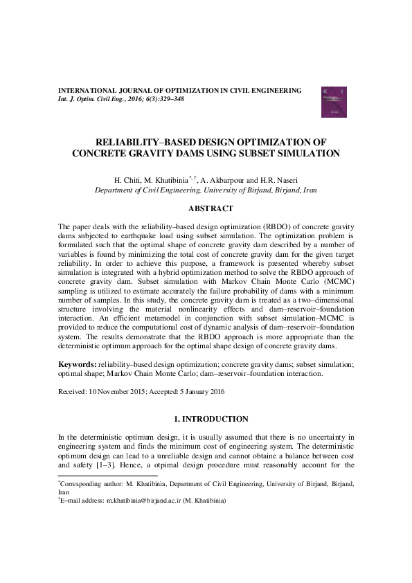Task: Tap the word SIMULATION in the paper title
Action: [x=308, y=153]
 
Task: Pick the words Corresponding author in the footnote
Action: [x=87, y=483]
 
